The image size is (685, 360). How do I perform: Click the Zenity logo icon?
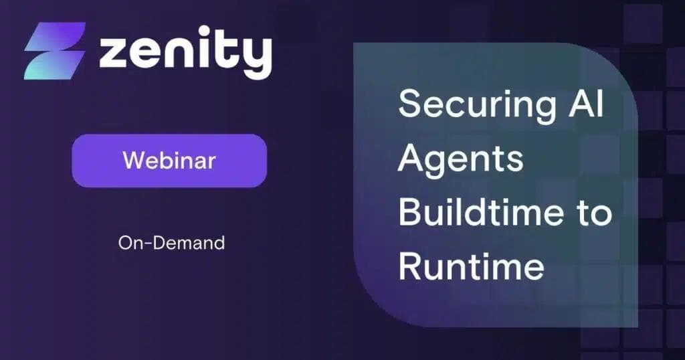click(55, 51)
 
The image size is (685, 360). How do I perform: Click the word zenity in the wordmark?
click(185, 52)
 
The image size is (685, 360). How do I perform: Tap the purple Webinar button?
click(169, 161)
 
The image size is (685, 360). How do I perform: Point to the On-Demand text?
click(171, 243)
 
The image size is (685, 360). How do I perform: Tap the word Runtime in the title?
click(471, 266)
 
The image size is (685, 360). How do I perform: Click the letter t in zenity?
click(227, 50)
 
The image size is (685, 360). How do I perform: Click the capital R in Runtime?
click(411, 266)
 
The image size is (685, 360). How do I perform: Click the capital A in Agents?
click(413, 159)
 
